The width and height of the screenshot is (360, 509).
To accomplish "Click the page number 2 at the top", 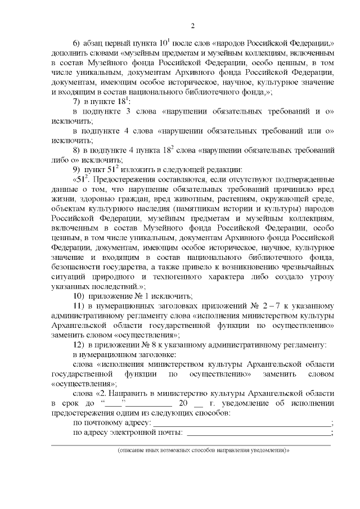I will [192, 26].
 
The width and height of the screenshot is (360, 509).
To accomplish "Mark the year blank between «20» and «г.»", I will [198, 405].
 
